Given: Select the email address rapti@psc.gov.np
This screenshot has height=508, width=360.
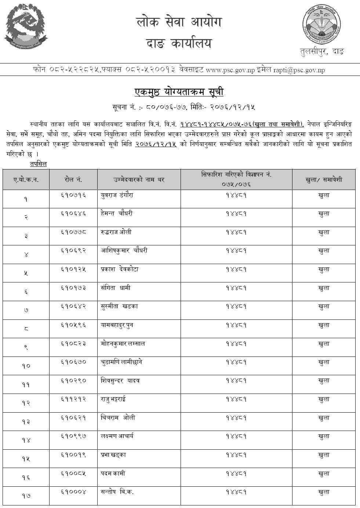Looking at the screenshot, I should [x=299, y=70].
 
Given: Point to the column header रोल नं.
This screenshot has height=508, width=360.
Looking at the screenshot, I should [x=73, y=180].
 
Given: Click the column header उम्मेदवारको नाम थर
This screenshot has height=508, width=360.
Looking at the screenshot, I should [x=139, y=180].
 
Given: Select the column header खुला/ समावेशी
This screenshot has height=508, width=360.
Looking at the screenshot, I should [x=324, y=180].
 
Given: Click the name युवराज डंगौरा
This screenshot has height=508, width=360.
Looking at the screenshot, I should [x=117, y=195].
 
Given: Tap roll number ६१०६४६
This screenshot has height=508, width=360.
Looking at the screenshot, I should [x=73, y=214].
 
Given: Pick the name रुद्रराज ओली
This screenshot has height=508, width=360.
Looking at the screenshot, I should [x=116, y=232].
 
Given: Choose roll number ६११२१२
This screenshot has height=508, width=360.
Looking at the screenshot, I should [x=73, y=399].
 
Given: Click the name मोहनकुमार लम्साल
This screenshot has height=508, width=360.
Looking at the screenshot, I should [x=123, y=344].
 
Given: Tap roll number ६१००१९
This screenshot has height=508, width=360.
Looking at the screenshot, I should [x=73, y=455].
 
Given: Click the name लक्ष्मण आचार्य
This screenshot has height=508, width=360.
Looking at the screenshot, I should [x=117, y=436].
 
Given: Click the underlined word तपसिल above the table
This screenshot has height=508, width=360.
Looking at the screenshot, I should [x=39, y=164].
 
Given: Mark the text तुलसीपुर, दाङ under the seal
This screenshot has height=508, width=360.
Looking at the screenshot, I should [x=321, y=52].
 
